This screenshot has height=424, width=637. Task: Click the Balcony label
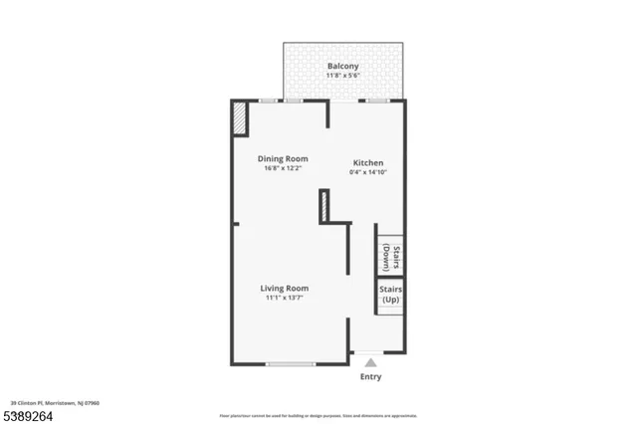pos(343,67)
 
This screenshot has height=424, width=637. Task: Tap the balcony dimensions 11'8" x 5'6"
pos(343,77)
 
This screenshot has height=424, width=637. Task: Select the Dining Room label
pos(283,158)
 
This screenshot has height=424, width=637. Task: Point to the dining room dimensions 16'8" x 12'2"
pos(283,168)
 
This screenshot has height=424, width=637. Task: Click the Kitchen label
pos(367,162)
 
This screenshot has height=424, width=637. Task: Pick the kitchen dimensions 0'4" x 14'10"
pos(367,172)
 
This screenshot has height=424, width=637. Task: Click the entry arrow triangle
pos(370,363)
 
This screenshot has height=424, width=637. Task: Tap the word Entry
pos(370,377)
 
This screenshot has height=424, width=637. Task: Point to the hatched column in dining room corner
pos(240,118)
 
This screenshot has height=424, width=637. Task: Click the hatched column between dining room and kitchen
pos(323,206)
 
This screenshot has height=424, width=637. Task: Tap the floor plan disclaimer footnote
pos(318,414)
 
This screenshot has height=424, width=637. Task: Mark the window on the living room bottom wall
pos(291,364)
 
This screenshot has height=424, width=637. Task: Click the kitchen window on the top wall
pos(376,101)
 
